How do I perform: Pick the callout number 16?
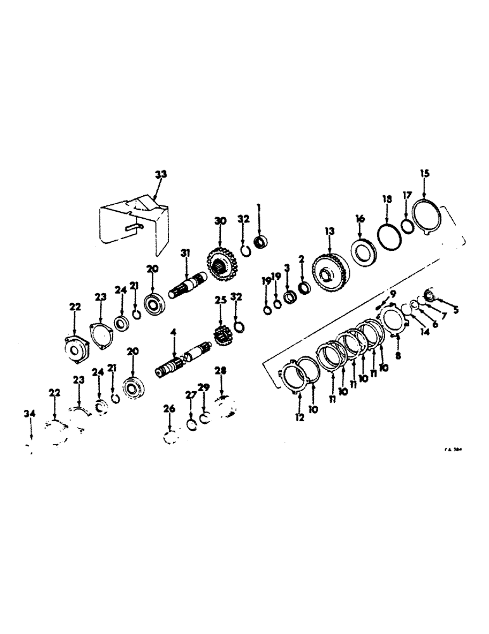359,219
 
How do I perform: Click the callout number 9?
393,293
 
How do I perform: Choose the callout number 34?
27,414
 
